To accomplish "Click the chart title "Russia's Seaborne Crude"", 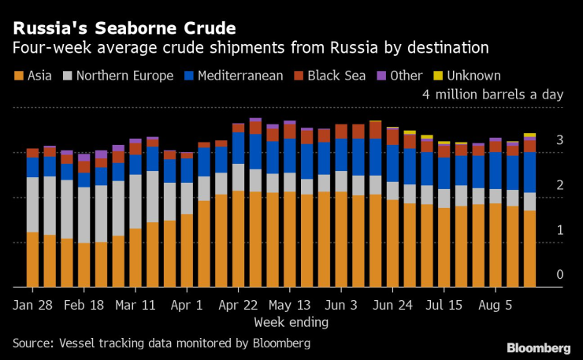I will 123,28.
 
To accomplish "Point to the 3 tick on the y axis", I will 559,140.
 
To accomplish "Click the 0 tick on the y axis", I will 559,274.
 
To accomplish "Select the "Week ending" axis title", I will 291,321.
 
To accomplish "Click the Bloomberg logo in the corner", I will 539,347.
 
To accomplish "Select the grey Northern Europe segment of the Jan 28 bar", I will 32,205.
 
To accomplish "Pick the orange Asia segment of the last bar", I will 529,249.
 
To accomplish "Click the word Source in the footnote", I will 32,343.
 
